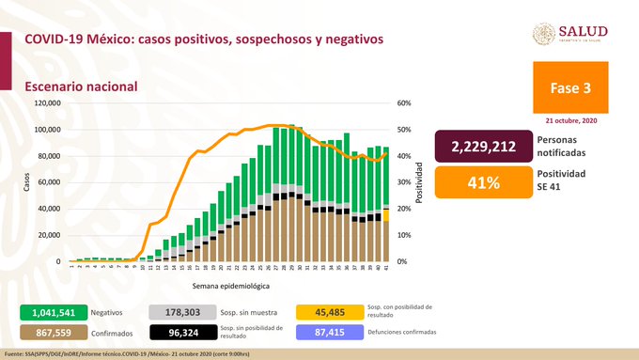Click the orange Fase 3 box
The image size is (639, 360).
[573, 87]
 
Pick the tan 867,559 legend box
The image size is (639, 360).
[53, 333]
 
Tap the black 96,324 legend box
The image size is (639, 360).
[182, 333]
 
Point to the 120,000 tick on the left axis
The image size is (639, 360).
[47, 103]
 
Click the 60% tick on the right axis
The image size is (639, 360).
[404, 103]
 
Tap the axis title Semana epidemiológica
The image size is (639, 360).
[231, 283]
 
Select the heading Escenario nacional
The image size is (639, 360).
[81, 86]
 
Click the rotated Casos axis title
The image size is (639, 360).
[27, 183]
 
